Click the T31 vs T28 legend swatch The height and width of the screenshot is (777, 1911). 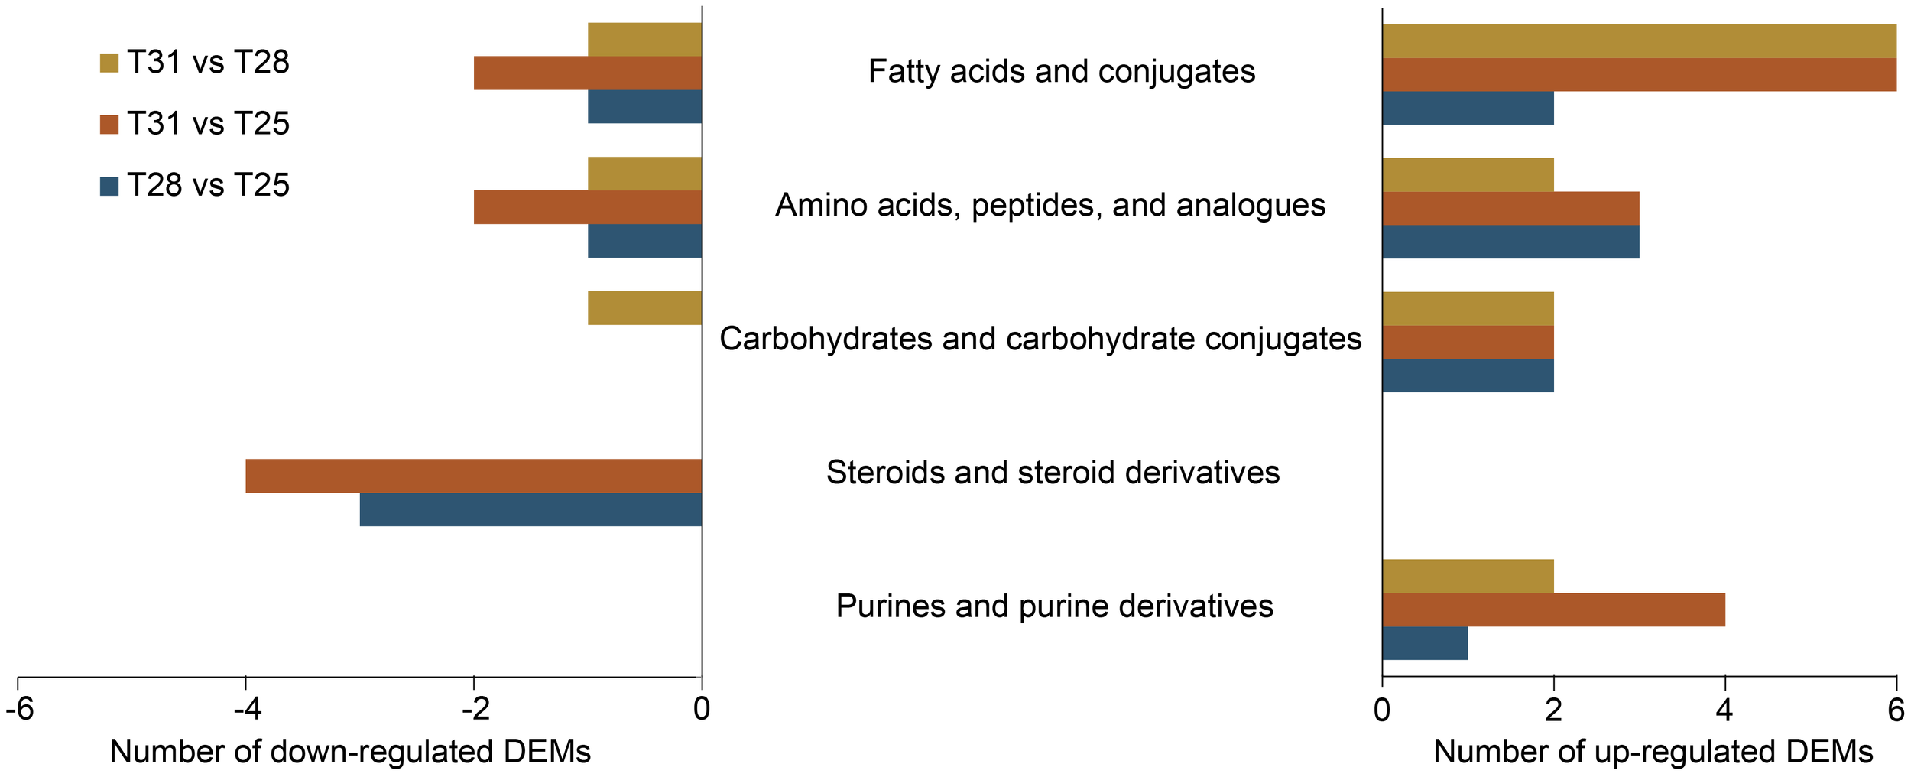[109, 63]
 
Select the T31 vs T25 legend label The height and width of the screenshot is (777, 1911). [208, 124]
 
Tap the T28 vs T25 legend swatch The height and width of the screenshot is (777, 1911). [109, 186]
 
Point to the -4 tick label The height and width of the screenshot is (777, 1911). [246, 709]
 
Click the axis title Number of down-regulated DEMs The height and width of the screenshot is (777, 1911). [350, 752]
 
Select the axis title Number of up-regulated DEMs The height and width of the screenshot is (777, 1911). [1653, 752]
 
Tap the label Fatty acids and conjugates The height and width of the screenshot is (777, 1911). [1061, 72]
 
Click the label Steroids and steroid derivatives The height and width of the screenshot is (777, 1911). [1053, 473]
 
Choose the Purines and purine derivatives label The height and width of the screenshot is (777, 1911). [1054, 606]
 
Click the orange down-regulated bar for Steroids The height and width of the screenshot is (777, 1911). [473, 476]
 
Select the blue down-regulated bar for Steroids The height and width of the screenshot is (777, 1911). [530, 509]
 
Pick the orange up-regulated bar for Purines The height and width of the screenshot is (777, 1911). [1553, 610]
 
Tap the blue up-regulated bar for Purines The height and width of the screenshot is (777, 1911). [1425, 643]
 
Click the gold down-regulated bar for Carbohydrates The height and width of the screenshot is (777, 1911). [644, 308]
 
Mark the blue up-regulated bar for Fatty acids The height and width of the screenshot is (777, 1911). [1468, 108]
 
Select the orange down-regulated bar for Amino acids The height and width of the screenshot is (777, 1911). [587, 207]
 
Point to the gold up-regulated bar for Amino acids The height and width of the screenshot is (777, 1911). [1468, 175]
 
